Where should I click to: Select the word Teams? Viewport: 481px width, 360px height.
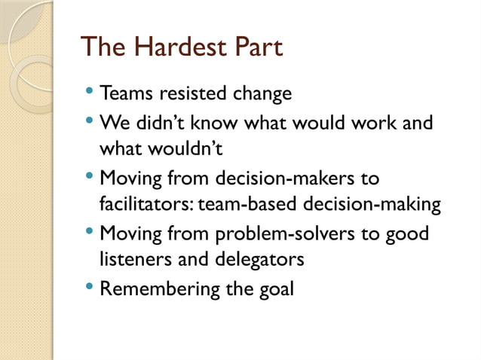pyautogui.click(x=126, y=94)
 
